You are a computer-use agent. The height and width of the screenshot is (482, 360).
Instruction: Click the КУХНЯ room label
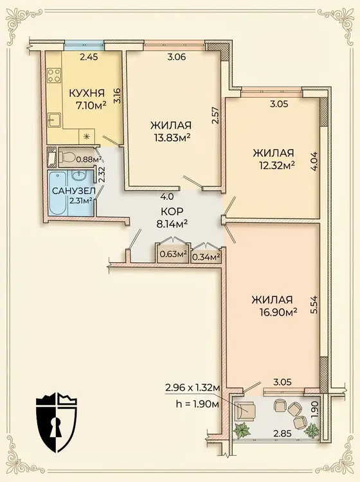point(86,93)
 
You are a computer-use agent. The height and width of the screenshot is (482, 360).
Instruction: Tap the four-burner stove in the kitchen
point(54,76)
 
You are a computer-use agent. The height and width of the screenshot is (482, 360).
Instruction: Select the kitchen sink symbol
point(55,120)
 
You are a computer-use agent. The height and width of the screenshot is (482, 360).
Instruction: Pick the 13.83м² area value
point(171,138)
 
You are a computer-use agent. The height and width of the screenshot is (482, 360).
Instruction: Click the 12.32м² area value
point(277,165)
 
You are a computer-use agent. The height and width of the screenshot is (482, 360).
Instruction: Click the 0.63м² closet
point(173,254)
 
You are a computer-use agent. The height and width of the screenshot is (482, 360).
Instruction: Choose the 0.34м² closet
point(206,255)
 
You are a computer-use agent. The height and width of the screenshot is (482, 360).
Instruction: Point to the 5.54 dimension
point(314,305)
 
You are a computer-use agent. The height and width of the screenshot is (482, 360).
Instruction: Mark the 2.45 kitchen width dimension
point(89,57)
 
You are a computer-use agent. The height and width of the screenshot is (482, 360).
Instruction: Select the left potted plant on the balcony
point(242,430)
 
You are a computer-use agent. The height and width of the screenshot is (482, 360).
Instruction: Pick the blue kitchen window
point(84,45)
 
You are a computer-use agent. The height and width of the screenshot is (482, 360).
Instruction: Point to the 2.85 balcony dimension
point(283,433)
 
